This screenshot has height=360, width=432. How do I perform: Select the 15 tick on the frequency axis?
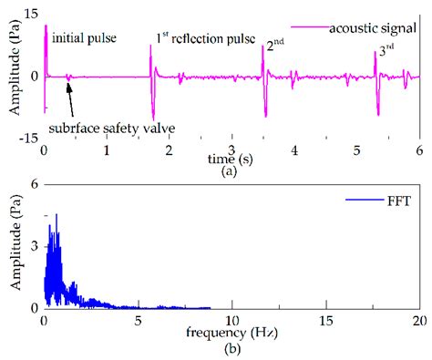tap(324, 323)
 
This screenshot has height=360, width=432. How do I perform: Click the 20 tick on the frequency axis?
tap(418, 323)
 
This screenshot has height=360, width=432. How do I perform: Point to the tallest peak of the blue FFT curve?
tap(57, 215)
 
